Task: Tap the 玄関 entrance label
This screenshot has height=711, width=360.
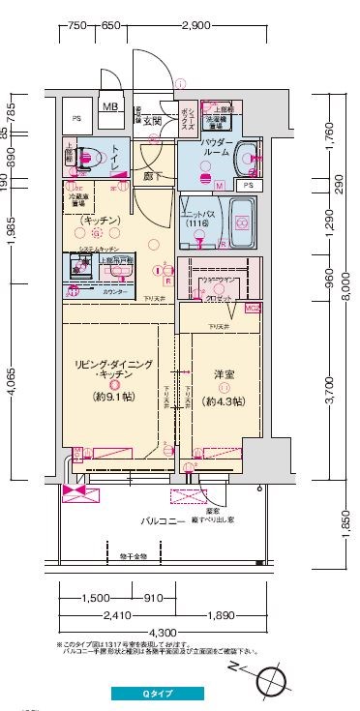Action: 152,121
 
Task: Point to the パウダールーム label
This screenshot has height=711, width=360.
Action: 214,147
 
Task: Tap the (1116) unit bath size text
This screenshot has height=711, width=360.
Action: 198,223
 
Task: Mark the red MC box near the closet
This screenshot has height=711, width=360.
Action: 253,309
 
